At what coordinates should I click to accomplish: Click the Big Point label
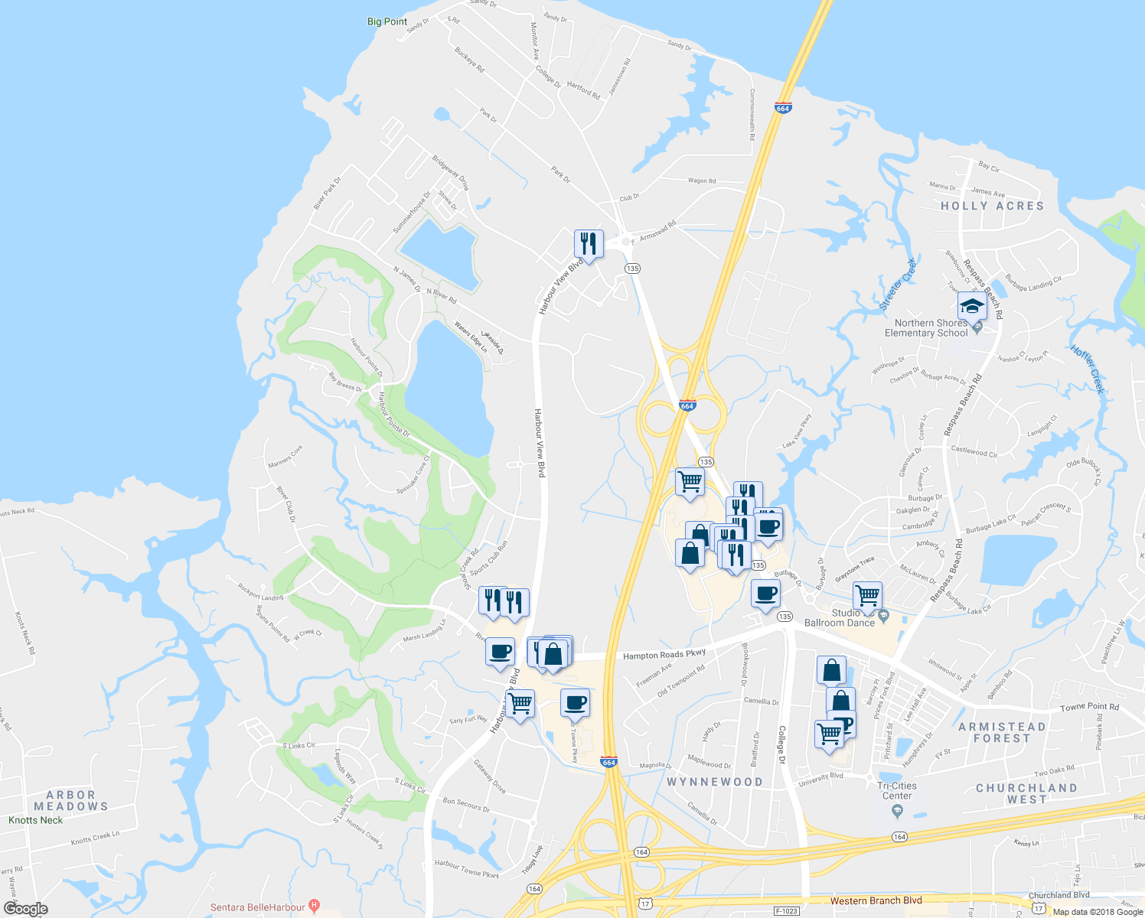pos(387,21)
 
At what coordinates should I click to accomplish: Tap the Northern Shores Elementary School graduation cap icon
pos(972,307)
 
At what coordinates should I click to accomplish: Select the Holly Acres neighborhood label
pos(992,206)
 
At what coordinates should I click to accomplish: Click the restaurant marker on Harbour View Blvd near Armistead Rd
pos(589,244)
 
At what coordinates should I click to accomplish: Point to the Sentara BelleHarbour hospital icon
pos(314,907)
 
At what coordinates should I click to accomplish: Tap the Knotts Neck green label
pos(36,820)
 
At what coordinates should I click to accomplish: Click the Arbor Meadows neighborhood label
pos(71,800)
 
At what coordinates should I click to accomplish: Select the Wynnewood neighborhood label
pos(715,782)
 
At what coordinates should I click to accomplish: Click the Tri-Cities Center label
pos(897,790)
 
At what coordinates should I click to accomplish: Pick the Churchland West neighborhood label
pos(1026,793)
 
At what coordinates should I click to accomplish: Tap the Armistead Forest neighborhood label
pos(1002,732)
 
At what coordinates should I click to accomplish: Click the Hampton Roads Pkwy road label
pos(664,655)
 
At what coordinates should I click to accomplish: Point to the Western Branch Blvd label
pos(876,900)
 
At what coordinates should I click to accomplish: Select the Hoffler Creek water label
pos(1088,369)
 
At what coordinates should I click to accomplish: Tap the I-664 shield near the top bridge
pos(782,108)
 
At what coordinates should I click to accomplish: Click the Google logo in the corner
pos(25,909)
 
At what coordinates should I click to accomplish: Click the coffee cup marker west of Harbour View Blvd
pos(500,653)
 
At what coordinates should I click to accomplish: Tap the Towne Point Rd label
pos(1089,708)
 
